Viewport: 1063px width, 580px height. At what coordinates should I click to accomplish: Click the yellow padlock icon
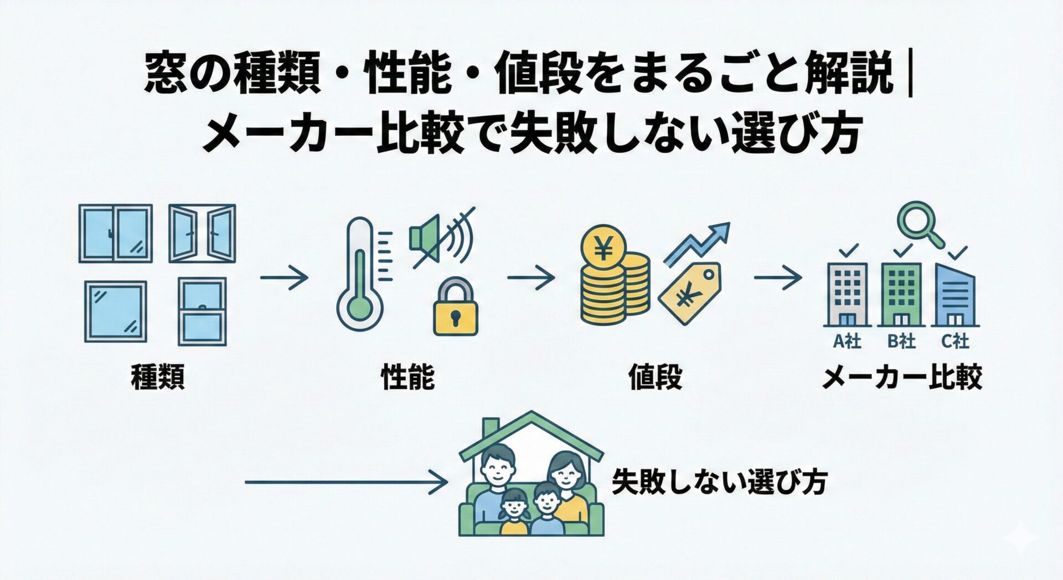click(x=455, y=309)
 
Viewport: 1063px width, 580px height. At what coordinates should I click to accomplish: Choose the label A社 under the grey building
click(x=847, y=341)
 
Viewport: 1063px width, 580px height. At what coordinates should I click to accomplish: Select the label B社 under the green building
click(x=901, y=341)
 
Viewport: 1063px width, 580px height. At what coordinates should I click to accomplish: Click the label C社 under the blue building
click(x=955, y=341)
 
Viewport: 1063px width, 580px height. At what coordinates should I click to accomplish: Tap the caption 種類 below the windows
click(x=158, y=377)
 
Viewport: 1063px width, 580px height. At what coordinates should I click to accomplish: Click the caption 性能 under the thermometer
click(x=408, y=377)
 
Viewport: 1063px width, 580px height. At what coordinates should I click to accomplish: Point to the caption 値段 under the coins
click(x=655, y=377)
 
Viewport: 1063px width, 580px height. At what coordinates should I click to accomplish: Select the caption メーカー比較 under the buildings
click(x=902, y=377)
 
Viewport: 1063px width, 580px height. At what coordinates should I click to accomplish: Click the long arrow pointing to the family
click(x=346, y=483)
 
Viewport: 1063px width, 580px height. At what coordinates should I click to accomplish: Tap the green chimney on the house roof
click(x=490, y=428)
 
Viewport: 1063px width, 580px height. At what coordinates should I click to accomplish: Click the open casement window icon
click(x=202, y=233)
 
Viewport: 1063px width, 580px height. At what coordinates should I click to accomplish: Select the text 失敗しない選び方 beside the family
click(x=719, y=482)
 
